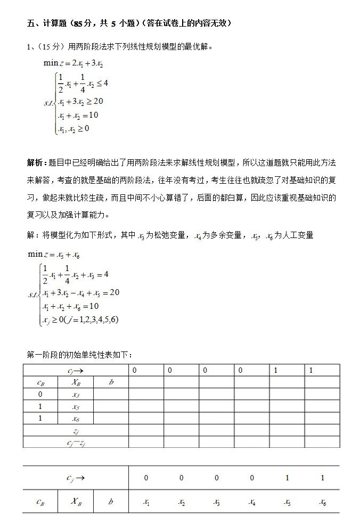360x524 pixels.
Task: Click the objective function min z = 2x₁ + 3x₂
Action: point(73,63)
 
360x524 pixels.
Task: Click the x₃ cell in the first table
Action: point(76,395)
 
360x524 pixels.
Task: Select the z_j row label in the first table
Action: point(76,431)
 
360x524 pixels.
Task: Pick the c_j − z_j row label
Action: point(76,443)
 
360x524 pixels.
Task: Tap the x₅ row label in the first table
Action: point(76,407)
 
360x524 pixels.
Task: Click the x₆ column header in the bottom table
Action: point(322,502)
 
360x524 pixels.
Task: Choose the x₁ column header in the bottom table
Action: point(146,502)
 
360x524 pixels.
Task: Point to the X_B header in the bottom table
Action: point(76,502)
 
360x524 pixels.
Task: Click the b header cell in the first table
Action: point(111,382)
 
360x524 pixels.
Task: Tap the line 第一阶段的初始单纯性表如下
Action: point(80,355)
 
